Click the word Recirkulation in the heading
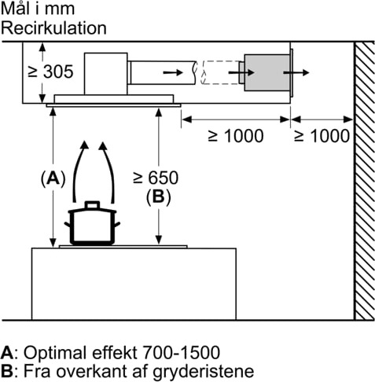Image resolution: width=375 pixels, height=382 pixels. click(x=54, y=28)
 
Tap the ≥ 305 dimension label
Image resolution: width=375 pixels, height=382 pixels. click(x=50, y=72)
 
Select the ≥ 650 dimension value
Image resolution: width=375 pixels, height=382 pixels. click(x=156, y=178)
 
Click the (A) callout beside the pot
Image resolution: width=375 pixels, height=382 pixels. click(x=53, y=178)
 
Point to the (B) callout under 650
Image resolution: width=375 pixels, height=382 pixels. click(x=158, y=197)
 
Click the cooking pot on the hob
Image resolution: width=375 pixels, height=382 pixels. click(x=92, y=223)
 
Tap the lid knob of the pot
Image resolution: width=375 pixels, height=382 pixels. click(x=92, y=204)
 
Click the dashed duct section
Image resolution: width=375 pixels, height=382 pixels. click(x=220, y=72)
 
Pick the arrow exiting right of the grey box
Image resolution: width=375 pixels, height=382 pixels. click(x=296, y=72)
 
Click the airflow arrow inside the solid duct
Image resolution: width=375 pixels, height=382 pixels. click(x=173, y=72)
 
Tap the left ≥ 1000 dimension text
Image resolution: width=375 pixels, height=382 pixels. click(x=236, y=135)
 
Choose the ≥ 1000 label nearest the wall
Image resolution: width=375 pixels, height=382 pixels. click(x=322, y=135)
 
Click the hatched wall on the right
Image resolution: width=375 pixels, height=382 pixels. click(x=364, y=181)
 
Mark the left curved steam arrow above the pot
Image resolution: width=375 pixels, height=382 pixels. click(x=78, y=171)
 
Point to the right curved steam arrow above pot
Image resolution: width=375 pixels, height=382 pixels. click(x=108, y=171)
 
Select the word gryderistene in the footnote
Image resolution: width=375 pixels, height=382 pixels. click(x=203, y=372)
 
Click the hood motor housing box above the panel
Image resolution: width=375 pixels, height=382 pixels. click(x=106, y=74)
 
